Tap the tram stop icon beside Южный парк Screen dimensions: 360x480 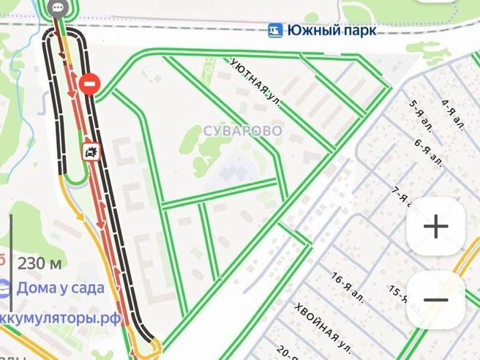(275, 30)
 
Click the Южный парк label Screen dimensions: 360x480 (332, 31)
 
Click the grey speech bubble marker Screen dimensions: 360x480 (59, 8)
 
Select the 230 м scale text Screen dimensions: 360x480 (39, 263)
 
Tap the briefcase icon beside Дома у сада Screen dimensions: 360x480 (4, 288)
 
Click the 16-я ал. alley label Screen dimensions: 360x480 (348, 285)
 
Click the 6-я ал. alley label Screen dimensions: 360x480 (429, 151)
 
